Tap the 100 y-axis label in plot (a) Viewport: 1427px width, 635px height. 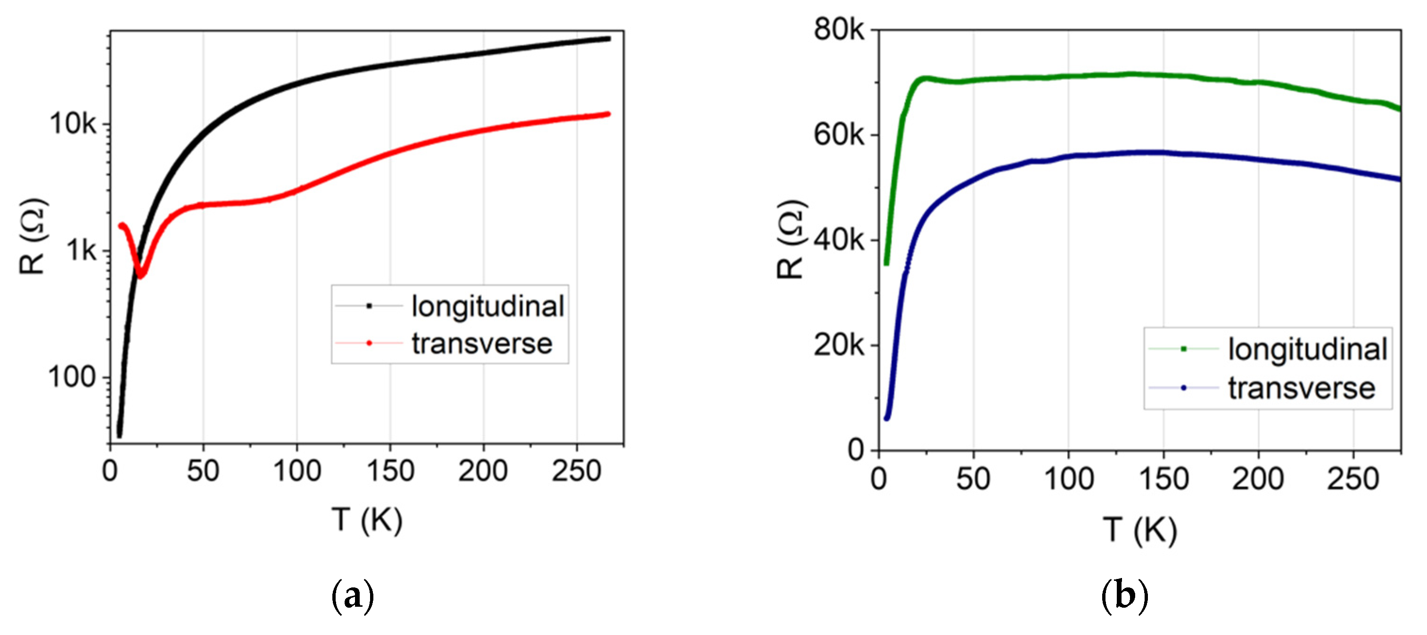(x=72, y=378)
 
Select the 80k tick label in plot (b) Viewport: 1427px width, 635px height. (x=838, y=29)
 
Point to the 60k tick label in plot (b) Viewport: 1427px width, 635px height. (x=838, y=135)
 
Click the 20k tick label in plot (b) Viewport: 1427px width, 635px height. (x=838, y=345)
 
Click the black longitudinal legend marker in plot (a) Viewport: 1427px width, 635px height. (x=369, y=306)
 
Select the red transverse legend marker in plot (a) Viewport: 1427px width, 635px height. (x=369, y=343)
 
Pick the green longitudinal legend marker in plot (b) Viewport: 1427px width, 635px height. (x=1183, y=349)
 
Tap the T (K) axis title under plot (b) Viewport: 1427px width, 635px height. (x=1139, y=530)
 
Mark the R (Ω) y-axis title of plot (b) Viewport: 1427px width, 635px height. (x=789, y=239)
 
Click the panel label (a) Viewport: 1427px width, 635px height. (x=352, y=597)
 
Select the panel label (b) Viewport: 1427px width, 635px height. (x=1124, y=597)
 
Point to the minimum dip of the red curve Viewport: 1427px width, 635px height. (x=140, y=275)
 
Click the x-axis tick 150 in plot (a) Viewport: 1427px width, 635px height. (x=390, y=472)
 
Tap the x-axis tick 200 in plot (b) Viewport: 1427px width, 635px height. (x=1257, y=479)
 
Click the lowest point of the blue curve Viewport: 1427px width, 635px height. (x=886, y=418)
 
